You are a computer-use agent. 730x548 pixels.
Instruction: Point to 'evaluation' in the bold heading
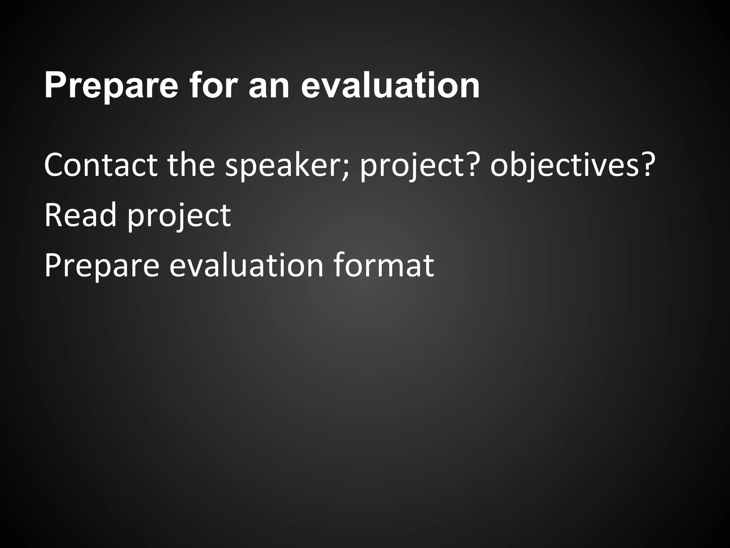coord(390,86)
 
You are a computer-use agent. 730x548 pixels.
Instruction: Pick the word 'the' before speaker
coord(191,165)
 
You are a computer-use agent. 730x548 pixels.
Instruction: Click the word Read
coord(81,215)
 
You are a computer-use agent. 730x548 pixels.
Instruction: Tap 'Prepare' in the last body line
coord(101,266)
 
